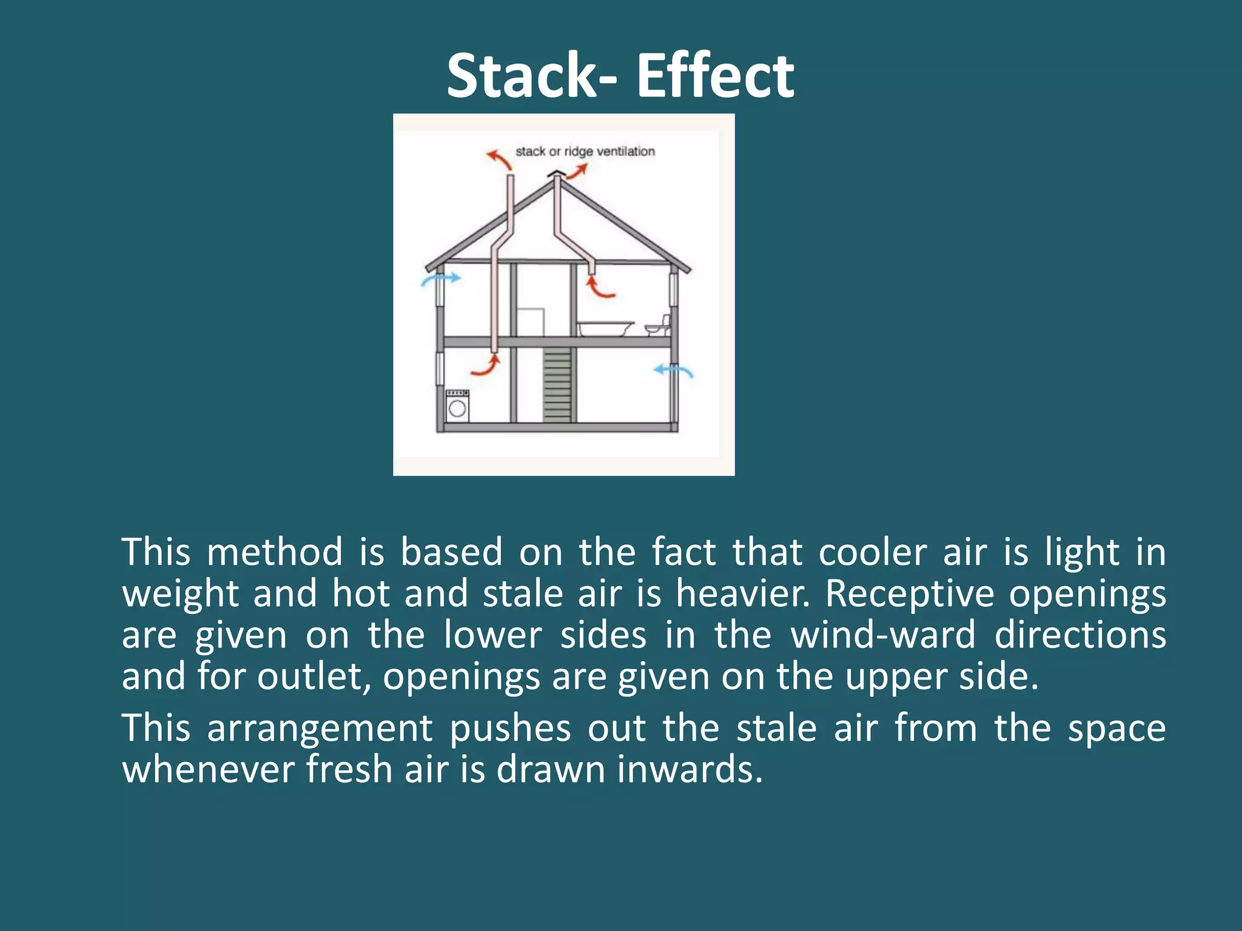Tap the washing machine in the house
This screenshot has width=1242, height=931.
pos(457,405)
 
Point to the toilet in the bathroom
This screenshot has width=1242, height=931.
pos(659,327)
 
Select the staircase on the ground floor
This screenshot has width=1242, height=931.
pos(557,384)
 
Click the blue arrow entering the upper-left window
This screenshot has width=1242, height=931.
pos(441,279)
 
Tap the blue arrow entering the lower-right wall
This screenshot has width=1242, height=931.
pos(673,370)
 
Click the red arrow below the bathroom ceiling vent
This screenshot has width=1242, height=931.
pos(599,287)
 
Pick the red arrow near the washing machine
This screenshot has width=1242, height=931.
pos(486,366)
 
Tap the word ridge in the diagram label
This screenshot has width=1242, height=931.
pos(579,152)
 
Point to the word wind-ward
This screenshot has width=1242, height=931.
pos(884,635)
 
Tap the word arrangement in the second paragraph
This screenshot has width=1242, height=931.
pos(320,729)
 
